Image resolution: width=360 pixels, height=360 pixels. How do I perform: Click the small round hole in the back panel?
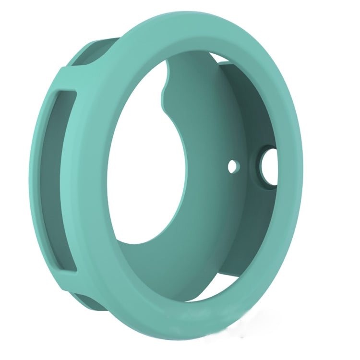[233, 166]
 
